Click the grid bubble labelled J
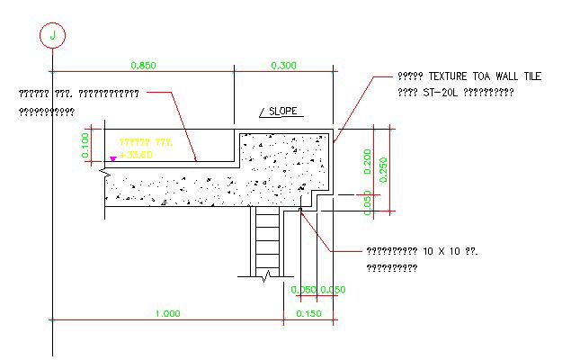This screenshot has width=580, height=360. tap(53, 35)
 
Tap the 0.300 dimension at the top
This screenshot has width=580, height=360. tap(284, 65)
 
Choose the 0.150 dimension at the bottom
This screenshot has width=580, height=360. tap(308, 313)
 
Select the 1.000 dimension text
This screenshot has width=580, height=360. tap(167, 313)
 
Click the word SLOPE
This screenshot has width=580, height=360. tap(285, 112)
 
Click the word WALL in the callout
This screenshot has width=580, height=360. tap(501, 78)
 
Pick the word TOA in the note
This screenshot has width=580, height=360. tap(478, 78)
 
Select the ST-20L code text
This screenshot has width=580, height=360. tap(442, 92)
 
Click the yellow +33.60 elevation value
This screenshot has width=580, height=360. tap(136, 155)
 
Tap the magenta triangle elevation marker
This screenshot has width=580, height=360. tap(112, 158)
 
